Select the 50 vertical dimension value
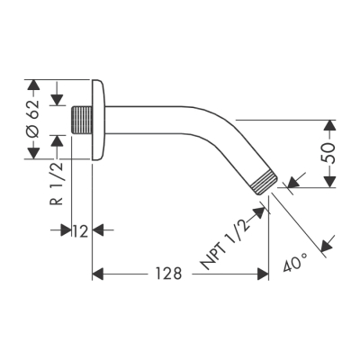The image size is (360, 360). [330, 153]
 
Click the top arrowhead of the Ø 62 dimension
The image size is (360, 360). [33, 86]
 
